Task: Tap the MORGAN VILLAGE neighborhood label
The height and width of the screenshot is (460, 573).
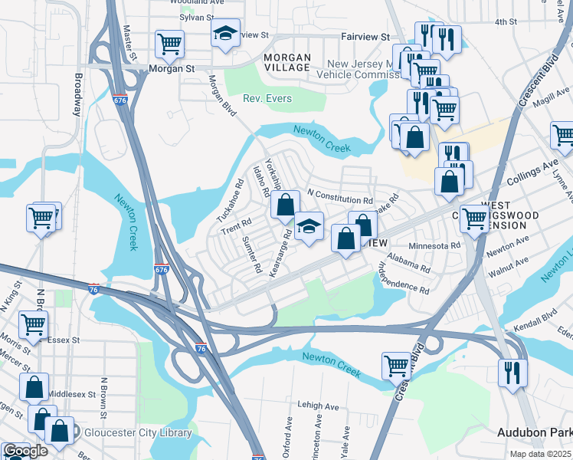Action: point(287,63)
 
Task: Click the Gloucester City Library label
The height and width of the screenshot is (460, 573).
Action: point(137,433)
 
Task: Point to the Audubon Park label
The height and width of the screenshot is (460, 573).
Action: point(534,433)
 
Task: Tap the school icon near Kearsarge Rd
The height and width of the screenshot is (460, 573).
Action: point(309,226)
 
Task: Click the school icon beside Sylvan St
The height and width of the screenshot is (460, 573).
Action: point(224,33)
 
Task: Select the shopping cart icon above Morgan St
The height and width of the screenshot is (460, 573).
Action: point(169,43)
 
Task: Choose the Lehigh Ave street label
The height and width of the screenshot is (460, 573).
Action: point(319,406)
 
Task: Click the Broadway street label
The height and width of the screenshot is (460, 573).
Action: point(77,94)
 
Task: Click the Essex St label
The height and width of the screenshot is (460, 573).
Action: point(64,340)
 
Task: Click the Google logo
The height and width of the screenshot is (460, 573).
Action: point(25,451)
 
